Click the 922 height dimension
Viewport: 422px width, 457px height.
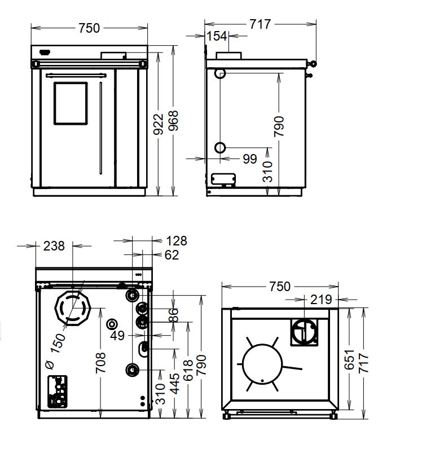pos(158,124)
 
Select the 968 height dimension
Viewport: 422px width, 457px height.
pos(173,121)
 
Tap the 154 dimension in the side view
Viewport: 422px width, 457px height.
pos(217,36)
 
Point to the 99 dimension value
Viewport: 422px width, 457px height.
pos(250,159)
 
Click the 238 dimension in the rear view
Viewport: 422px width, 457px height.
pos(54,246)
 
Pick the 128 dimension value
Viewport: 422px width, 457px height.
pos(177,241)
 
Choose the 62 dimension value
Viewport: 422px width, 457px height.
pos(172,255)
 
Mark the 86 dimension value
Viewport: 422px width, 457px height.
pos(173,315)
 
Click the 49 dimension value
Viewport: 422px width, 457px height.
pos(117,336)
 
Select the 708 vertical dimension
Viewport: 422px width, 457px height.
pos(101,363)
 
